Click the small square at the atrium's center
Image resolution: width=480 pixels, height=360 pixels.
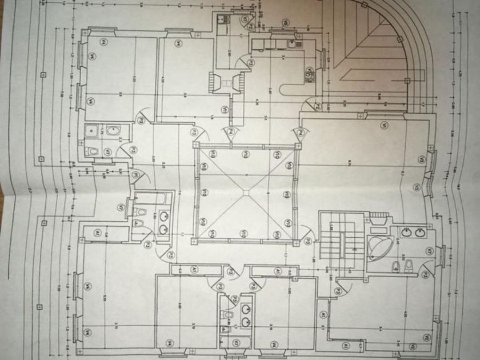(246, 193)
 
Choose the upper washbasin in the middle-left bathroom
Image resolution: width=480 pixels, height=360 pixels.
(163, 217)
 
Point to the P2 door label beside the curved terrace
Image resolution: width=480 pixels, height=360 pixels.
(316, 106)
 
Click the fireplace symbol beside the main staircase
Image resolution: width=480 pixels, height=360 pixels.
(377, 218)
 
